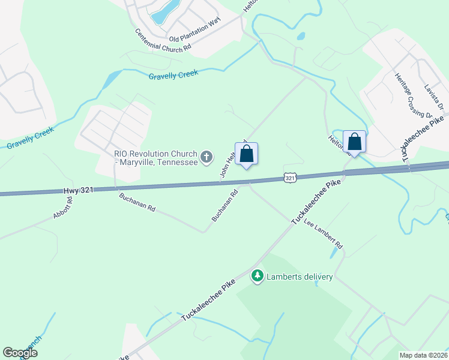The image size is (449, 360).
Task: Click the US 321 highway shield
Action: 290,178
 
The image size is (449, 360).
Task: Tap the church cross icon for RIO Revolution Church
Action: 206,158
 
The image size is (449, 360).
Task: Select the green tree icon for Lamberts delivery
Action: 258,276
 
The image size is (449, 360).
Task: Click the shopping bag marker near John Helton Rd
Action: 247,154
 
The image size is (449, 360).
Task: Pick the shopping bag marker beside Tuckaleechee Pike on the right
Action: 355,143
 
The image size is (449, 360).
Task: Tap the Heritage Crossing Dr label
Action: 414,95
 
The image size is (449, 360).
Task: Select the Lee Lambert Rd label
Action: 323,234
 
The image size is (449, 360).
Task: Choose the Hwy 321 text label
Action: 78,190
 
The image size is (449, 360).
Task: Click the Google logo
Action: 20,353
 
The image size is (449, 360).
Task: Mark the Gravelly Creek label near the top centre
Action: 173,74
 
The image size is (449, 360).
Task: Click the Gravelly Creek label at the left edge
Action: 31,139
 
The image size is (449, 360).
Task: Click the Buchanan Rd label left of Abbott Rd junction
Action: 137,203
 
